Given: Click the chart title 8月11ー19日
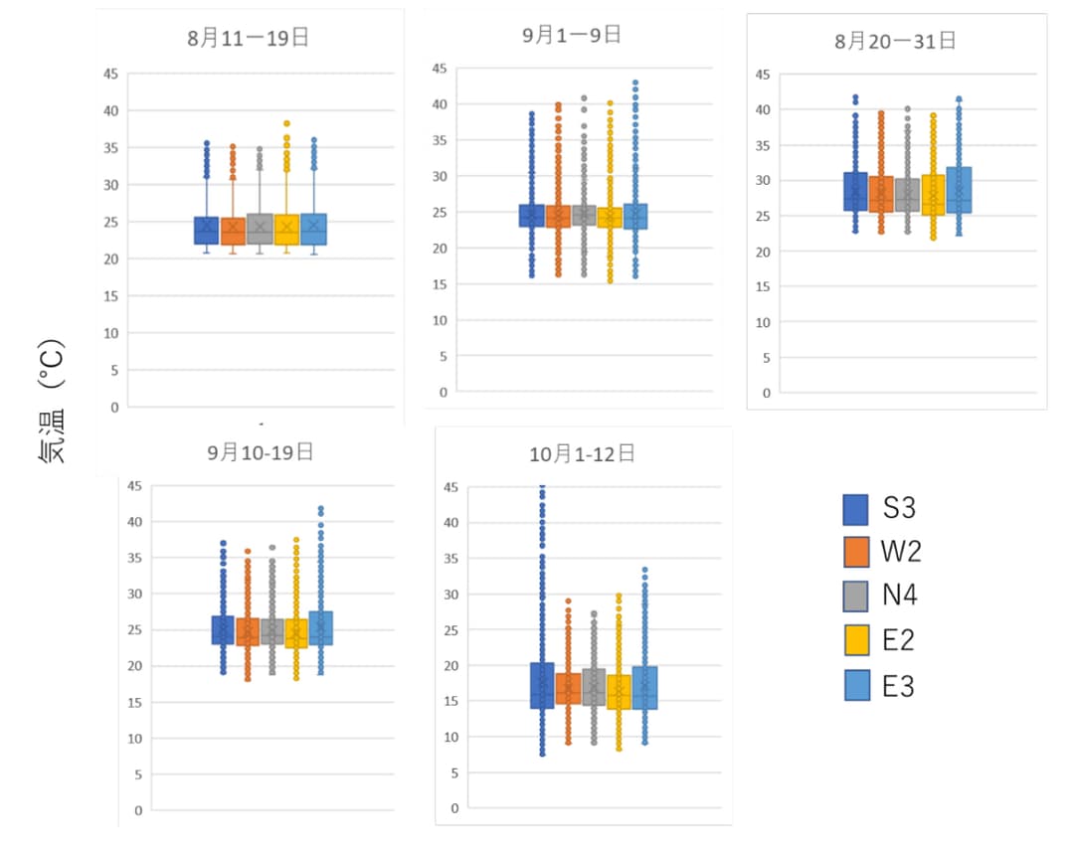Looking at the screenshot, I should [x=248, y=39].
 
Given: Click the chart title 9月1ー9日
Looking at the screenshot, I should [x=572, y=35].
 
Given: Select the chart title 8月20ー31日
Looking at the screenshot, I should [x=895, y=41].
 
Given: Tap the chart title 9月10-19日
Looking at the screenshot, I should [x=261, y=451].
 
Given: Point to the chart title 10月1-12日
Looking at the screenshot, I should [x=582, y=454].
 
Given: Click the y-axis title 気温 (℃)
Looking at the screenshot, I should [x=52, y=403].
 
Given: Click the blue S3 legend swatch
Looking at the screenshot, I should [x=855, y=510].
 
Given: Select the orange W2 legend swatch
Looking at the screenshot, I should [x=855, y=553].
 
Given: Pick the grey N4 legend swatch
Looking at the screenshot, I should [x=855, y=596].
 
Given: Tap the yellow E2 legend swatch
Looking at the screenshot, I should [x=855, y=640].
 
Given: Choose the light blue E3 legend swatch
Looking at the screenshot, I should [x=855, y=685].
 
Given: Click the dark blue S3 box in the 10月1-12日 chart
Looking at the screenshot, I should [x=542, y=685].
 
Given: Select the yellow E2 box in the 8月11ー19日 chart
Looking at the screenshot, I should [x=286, y=230].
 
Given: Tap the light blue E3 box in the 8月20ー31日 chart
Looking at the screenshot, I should [x=960, y=190].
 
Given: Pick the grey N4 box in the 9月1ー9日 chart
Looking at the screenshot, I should [x=584, y=216].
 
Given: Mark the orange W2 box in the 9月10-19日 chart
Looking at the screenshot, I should [x=248, y=632].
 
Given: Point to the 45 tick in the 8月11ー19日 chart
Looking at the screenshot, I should [x=109, y=74].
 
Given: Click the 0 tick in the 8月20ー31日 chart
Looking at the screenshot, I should [x=766, y=393].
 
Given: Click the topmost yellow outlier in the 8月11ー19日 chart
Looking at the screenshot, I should [x=286, y=124].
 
